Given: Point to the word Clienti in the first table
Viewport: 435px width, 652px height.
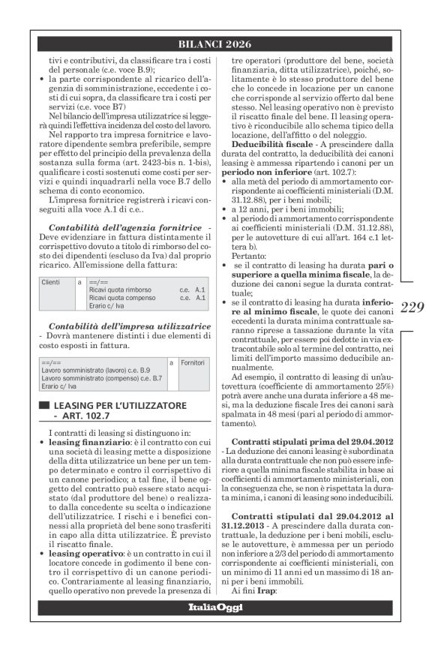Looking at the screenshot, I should pyautogui.click(x=51, y=282).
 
